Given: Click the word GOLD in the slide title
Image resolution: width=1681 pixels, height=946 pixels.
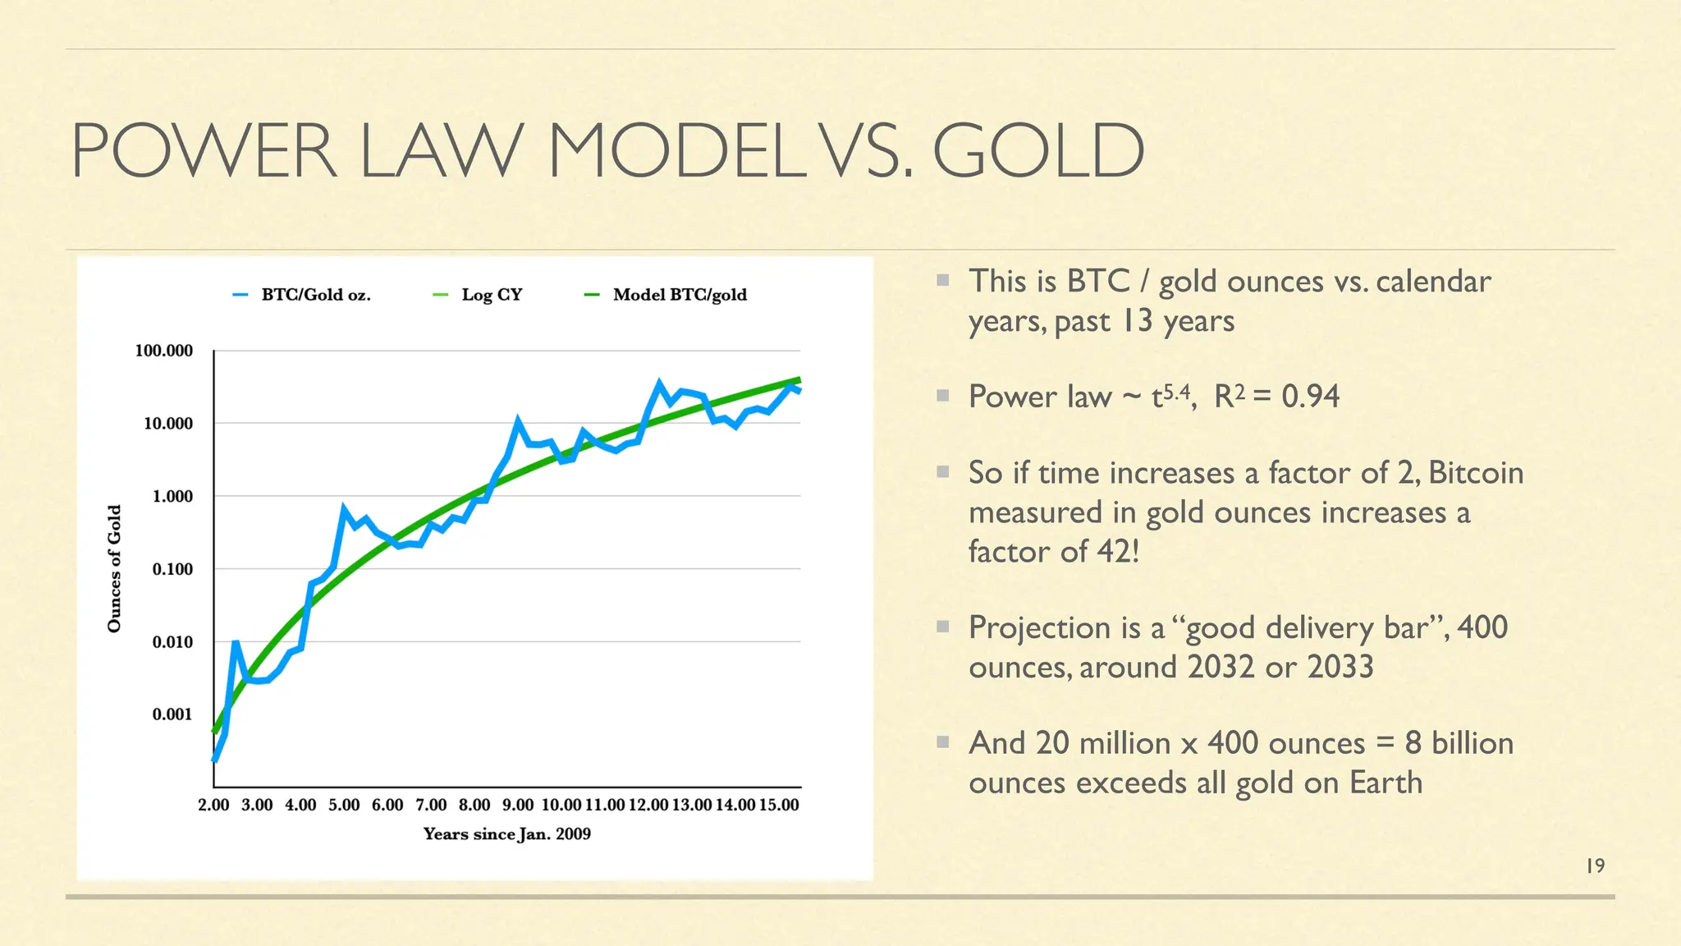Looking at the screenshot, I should [x=1037, y=150].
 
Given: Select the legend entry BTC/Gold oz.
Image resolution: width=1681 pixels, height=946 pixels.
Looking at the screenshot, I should [x=315, y=295].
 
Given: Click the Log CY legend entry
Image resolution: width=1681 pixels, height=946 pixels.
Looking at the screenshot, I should [x=491, y=295].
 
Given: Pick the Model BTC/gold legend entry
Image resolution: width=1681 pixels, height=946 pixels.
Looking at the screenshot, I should [x=679, y=295].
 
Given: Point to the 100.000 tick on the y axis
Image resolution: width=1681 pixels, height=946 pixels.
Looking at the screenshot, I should [x=164, y=351].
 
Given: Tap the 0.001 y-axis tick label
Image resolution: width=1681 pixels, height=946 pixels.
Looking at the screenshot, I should [x=172, y=714].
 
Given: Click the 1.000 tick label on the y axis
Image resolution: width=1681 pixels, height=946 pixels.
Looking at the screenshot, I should [x=172, y=496].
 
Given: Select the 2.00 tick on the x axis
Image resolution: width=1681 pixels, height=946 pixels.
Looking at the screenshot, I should [x=213, y=805].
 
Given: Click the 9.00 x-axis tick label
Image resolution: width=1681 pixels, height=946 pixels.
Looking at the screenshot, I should [x=518, y=805].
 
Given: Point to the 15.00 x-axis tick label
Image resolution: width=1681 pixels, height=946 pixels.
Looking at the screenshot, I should [x=778, y=805].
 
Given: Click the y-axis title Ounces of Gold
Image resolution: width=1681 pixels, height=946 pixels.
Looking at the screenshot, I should [x=115, y=568].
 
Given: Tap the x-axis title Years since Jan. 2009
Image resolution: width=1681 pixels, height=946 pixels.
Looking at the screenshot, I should [x=506, y=834].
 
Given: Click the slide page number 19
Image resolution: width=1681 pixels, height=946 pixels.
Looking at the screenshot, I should [x=1595, y=866].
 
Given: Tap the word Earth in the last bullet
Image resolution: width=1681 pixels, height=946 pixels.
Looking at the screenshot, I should [x=1386, y=783].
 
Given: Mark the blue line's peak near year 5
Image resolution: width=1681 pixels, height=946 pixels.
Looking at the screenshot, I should [x=343, y=508].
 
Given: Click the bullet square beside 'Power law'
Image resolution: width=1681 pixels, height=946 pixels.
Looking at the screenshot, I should [x=943, y=396].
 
